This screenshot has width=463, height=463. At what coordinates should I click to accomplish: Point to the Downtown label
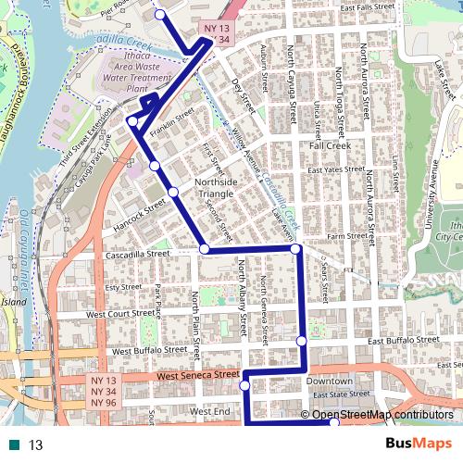point(330,382)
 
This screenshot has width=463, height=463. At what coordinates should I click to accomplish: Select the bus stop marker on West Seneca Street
point(244,384)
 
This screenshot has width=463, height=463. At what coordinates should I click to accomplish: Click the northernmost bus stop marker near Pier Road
point(160,14)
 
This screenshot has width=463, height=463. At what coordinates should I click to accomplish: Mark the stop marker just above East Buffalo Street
point(301,342)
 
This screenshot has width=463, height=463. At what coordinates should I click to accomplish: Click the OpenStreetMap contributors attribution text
point(382,415)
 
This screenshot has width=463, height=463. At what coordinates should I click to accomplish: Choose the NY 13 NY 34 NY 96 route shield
point(103,392)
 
